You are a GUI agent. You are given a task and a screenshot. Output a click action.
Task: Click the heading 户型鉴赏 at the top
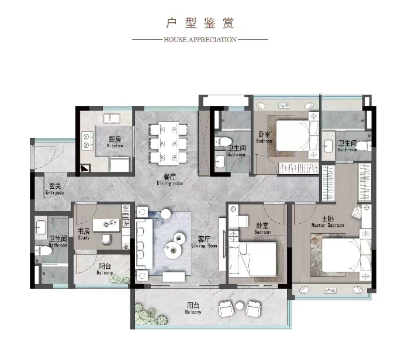coord(200,23)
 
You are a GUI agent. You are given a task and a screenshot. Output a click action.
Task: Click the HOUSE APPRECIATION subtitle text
coord(200,40)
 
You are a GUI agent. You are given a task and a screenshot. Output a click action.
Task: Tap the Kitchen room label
coord(115,142)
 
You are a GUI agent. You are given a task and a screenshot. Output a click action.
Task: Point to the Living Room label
coord(204,242)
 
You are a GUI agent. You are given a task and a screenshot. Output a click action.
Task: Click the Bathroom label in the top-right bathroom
coord(347,146)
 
